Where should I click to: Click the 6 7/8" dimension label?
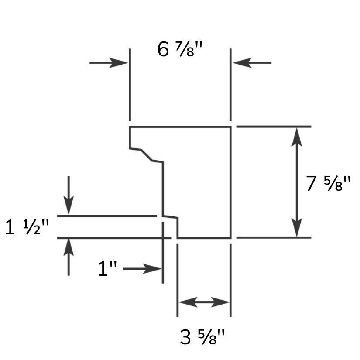pos(180,49)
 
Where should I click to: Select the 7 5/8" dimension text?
pos(329,183)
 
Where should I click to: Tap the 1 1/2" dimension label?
pos(27,227)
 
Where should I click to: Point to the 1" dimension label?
pos(107,268)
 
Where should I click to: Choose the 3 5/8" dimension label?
pos(202,337)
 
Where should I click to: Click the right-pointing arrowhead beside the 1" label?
pos(152,269)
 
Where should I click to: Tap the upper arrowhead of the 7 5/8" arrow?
pos(297,137)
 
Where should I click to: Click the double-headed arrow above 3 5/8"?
pos(204,302)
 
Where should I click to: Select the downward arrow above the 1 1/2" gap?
pos(69,195)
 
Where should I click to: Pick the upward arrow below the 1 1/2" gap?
pos(69,257)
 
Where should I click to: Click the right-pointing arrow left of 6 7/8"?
pos(109,63)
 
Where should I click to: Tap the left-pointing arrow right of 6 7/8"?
pos(252,63)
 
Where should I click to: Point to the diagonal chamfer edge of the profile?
pos(147,155)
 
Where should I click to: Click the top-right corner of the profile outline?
pos(230,127)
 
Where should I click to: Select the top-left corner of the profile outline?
pos(130,127)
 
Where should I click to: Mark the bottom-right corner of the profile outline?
pos(230,238)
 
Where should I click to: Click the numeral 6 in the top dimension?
pos(163,49)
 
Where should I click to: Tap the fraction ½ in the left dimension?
pos(32,227)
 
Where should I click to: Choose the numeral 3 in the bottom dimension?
pos(185,337)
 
